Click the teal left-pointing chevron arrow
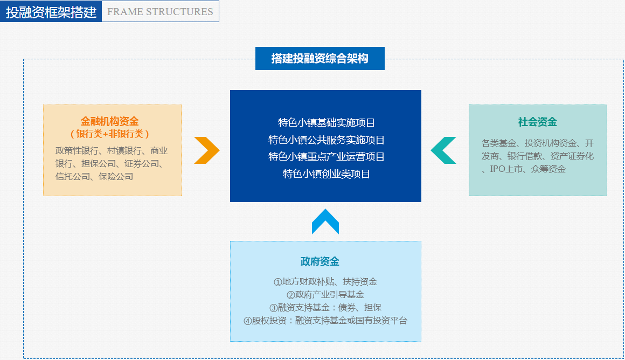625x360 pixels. (x=443, y=150)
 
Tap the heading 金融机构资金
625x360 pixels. (x=110, y=122)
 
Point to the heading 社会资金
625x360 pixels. (x=538, y=122)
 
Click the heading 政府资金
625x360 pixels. (x=320, y=262)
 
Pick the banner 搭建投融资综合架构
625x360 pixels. (x=320, y=59)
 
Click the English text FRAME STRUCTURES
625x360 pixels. (x=161, y=11)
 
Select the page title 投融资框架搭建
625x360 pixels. (x=51, y=12)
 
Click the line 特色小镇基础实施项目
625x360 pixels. (x=327, y=123)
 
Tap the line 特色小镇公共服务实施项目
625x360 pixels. (x=327, y=140)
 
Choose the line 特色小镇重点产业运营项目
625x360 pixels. (x=327, y=157)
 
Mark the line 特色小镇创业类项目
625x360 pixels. (x=327, y=174)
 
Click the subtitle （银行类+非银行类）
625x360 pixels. (x=110, y=134)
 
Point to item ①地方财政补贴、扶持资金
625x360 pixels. (x=325, y=281)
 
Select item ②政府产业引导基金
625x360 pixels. (x=325, y=295)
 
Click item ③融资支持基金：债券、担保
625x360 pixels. (x=325, y=308)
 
